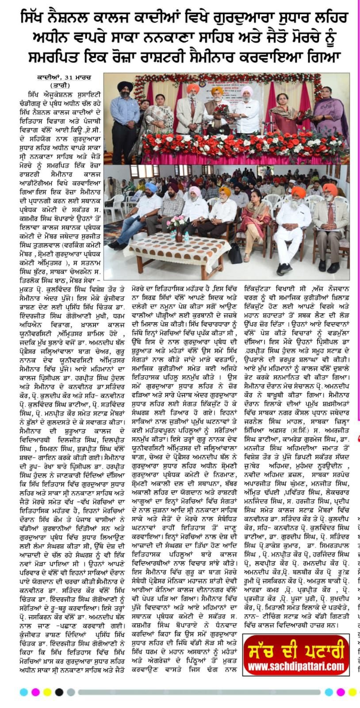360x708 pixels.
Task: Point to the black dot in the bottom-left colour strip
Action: [58, 691]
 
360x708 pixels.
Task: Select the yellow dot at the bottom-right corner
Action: [352, 691]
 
